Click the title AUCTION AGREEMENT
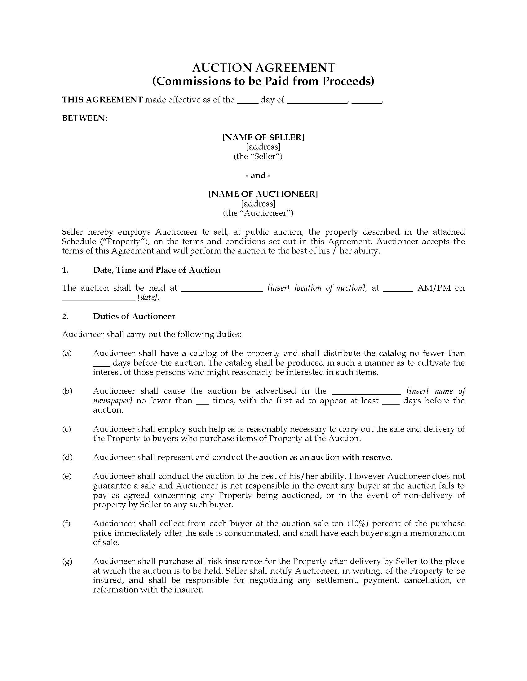263,68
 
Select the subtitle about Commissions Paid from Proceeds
263,81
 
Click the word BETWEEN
84,119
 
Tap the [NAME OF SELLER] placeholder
263,137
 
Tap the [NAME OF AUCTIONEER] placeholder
263,194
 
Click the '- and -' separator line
258,175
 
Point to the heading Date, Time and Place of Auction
157,270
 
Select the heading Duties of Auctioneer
134,316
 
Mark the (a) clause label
67,353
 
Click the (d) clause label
67,458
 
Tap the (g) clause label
67,562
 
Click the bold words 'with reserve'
366,458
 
